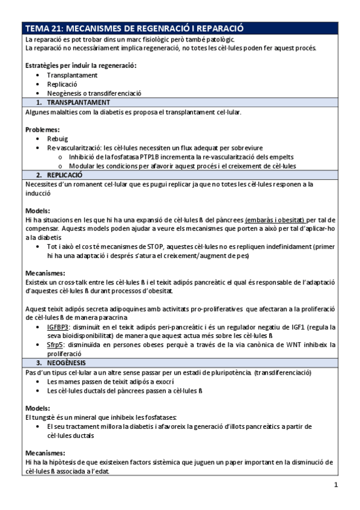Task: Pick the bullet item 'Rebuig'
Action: pos(58,138)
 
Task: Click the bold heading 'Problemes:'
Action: pos(42,129)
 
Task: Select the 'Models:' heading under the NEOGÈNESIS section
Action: pos(38,408)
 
